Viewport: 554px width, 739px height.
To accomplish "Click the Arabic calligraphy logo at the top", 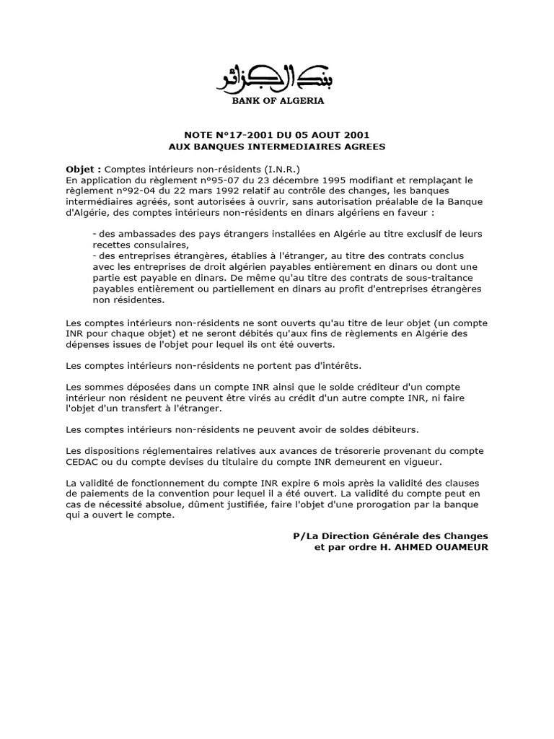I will coord(277,77).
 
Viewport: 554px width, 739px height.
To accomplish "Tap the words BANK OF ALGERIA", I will coord(278,101).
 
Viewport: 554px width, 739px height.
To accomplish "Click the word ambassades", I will coord(140,235).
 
